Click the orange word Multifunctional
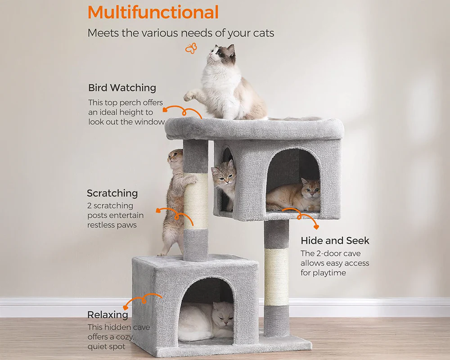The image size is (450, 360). pos(153,12)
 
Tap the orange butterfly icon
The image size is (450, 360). pos(191,48)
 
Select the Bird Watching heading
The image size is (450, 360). pos(122,88)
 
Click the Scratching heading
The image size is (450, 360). pos(112,193)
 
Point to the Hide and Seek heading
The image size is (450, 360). pos(335,241)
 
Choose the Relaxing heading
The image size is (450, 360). pos(108,315)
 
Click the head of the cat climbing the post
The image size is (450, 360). pos(175,159)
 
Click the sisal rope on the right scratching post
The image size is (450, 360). pos(276,277)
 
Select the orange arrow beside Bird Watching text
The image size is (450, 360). pos(182,112)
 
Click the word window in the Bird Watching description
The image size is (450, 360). pos(150,122)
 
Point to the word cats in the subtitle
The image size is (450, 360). pos(263,33)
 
